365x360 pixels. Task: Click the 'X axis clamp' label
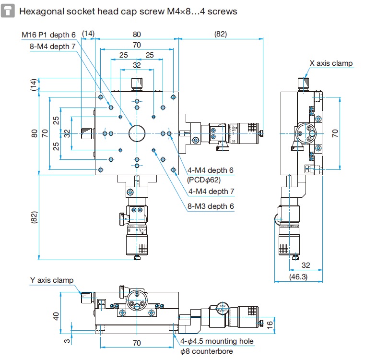330,63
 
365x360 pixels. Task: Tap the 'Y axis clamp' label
51,280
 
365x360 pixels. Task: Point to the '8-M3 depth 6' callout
211,206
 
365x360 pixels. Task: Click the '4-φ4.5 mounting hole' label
217,341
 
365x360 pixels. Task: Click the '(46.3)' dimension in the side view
298,276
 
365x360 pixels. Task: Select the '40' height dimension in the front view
56,316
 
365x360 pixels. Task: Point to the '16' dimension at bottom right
270,324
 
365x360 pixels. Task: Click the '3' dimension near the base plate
66,341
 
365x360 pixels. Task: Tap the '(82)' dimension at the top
220,34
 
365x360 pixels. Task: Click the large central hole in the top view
137,133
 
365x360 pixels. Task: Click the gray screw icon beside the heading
8,11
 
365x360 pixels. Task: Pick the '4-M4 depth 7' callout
211,191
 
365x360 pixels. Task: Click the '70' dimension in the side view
335,132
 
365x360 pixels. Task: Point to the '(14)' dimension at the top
88,34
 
